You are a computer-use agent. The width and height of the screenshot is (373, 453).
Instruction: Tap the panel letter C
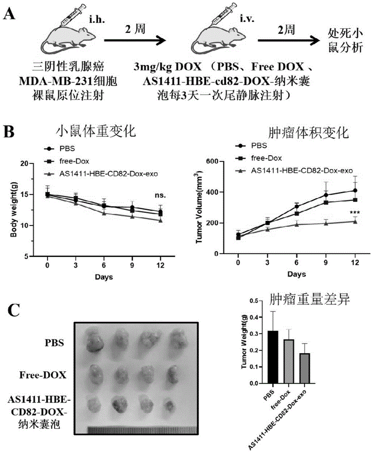(16, 311)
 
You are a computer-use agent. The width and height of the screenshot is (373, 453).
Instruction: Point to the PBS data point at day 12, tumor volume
(355, 191)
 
